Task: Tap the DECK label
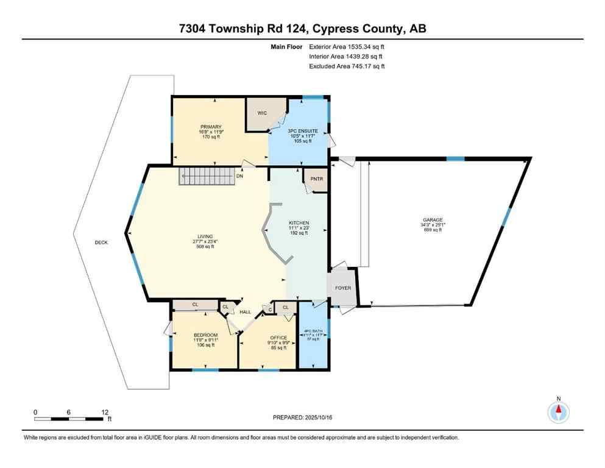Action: pyautogui.click(x=101, y=243)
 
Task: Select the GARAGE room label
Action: pyautogui.click(x=433, y=220)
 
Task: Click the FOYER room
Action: pyautogui.click(x=343, y=288)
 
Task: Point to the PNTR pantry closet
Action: pyautogui.click(x=316, y=179)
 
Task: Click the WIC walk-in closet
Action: pyautogui.click(x=261, y=113)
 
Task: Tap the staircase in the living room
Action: pyautogui.click(x=202, y=177)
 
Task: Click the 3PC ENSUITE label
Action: pyautogui.click(x=299, y=131)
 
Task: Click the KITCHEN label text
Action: pyautogui.click(x=299, y=223)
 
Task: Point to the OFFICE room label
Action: pyautogui.click(x=278, y=337)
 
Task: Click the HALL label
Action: pyautogui.click(x=245, y=311)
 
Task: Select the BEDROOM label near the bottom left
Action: pyautogui.click(x=205, y=335)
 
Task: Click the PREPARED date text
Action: pyautogui.click(x=303, y=418)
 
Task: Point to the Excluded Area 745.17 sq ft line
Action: pyautogui.click(x=347, y=66)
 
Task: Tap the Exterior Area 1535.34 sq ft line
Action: pyautogui.click(x=347, y=46)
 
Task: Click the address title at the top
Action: pyautogui.click(x=302, y=29)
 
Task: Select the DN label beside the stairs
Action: pyautogui.click(x=240, y=176)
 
